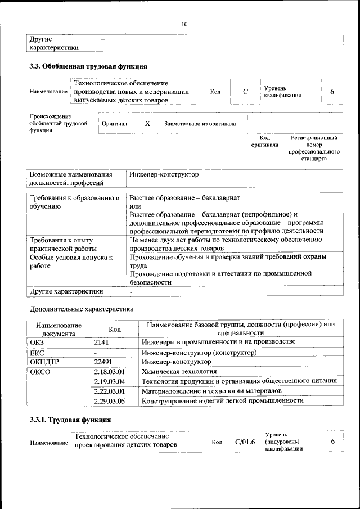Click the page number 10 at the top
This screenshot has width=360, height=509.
coord(184,24)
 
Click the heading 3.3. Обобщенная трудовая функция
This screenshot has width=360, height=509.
coord(88,66)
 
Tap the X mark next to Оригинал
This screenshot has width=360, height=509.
coord(147,123)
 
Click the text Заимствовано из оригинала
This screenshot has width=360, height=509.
coord(200,124)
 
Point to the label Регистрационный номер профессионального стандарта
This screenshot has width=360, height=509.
coord(314,148)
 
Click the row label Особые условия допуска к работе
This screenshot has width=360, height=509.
coord(71,262)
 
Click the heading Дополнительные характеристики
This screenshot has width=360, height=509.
coord(82,309)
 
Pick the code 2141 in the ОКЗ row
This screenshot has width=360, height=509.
coord(101,342)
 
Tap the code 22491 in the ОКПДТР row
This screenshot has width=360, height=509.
coord(103,362)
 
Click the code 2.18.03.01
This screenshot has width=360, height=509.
coord(109,372)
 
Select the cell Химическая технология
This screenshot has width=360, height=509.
coord(179,372)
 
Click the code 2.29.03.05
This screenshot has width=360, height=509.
coord(109,401)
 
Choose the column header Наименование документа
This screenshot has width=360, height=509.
coord(58,329)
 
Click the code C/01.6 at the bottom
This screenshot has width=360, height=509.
coord(245,442)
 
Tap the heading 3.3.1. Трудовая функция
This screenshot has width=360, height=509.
coord(70,420)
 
